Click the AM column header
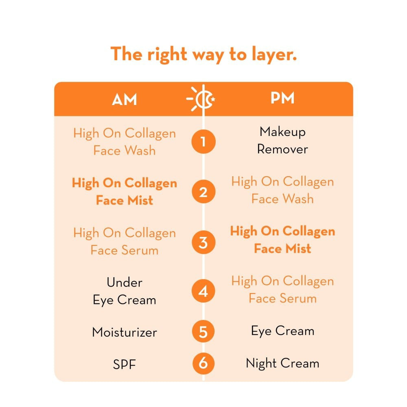[x=124, y=100]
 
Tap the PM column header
[x=282, y=99]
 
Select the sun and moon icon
[x=202, y=99]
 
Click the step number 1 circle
[x=203, y=142]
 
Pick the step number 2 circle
[x=203, y=192]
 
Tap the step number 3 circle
[x=203, y=242]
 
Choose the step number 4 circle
[x=203, y=291]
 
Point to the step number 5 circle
[x=203, y=331]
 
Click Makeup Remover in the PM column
[x=282, y=140]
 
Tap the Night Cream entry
[x=282, y=363]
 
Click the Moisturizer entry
[x=124, y=332]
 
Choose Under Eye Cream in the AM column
[x=124, y=291]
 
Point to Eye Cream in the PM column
[x=282, y=331]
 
